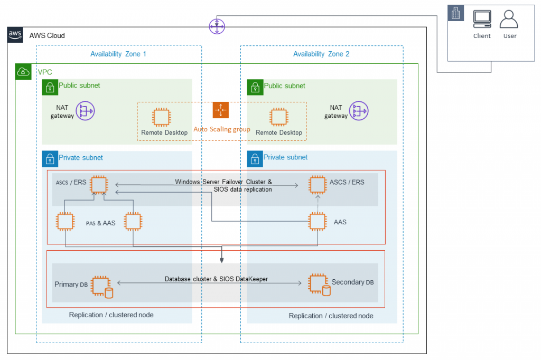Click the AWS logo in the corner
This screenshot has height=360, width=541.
click(x=15, y=35)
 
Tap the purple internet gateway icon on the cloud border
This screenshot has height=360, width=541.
click(x=217, y=25)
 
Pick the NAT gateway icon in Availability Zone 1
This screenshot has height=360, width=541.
click(x=85, y=111)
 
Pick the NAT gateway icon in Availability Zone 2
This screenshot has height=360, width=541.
click(x=359, y=111)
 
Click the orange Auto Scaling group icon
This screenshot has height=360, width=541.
click(x=220, y=110)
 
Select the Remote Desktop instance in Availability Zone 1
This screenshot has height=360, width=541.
click(x=161, y=117)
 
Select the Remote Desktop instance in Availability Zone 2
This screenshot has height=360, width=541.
click(x=278, y=117)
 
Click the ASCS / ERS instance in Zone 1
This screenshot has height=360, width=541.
click(x=99, y=185)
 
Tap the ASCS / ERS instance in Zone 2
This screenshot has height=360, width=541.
click(x=317, y=185)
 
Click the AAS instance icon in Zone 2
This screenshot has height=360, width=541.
click(x=317, y=221)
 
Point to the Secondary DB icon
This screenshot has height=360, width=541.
click(x=319, y=285)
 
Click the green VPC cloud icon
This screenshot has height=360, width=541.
click(x=23, y=71)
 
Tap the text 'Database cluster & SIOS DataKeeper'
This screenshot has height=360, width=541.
click(x=216, y=279)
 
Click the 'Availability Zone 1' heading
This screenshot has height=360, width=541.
click(x=118, y=54)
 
